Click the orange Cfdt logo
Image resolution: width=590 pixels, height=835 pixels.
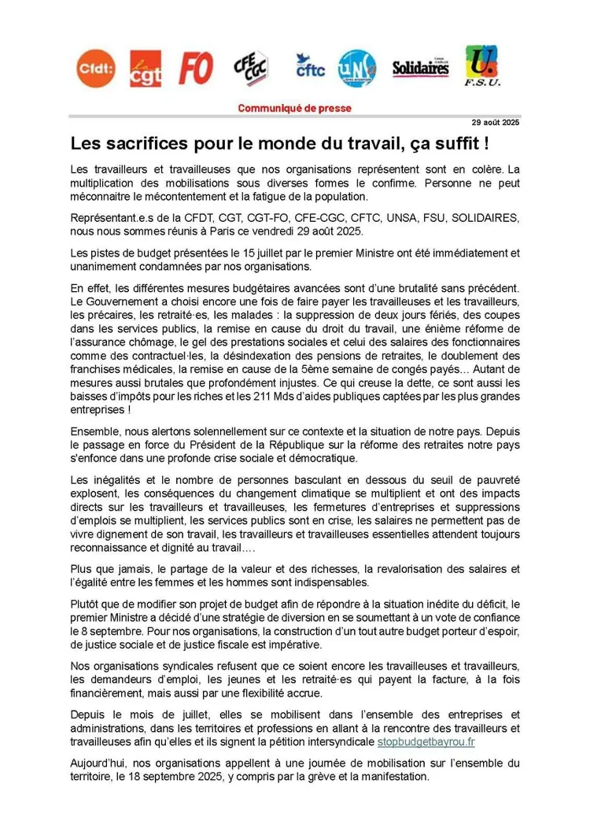click(x=95, y=69)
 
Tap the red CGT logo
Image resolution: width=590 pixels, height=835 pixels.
click(x=146, y=68)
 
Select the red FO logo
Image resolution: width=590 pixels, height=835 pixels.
click(x=195, y=68)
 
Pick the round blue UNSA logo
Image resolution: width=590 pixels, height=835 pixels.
click(x=356, y=68)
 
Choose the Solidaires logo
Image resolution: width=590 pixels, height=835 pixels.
click(x=420, y=68)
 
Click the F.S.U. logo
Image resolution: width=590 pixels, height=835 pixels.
click(x=481, y=67)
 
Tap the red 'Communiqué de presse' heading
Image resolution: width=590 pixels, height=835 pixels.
click(x=294, y=109)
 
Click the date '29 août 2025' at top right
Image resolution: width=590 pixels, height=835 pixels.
click(x=496, y=123)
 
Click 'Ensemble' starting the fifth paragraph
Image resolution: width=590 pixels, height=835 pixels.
click(x=93, y=430)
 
